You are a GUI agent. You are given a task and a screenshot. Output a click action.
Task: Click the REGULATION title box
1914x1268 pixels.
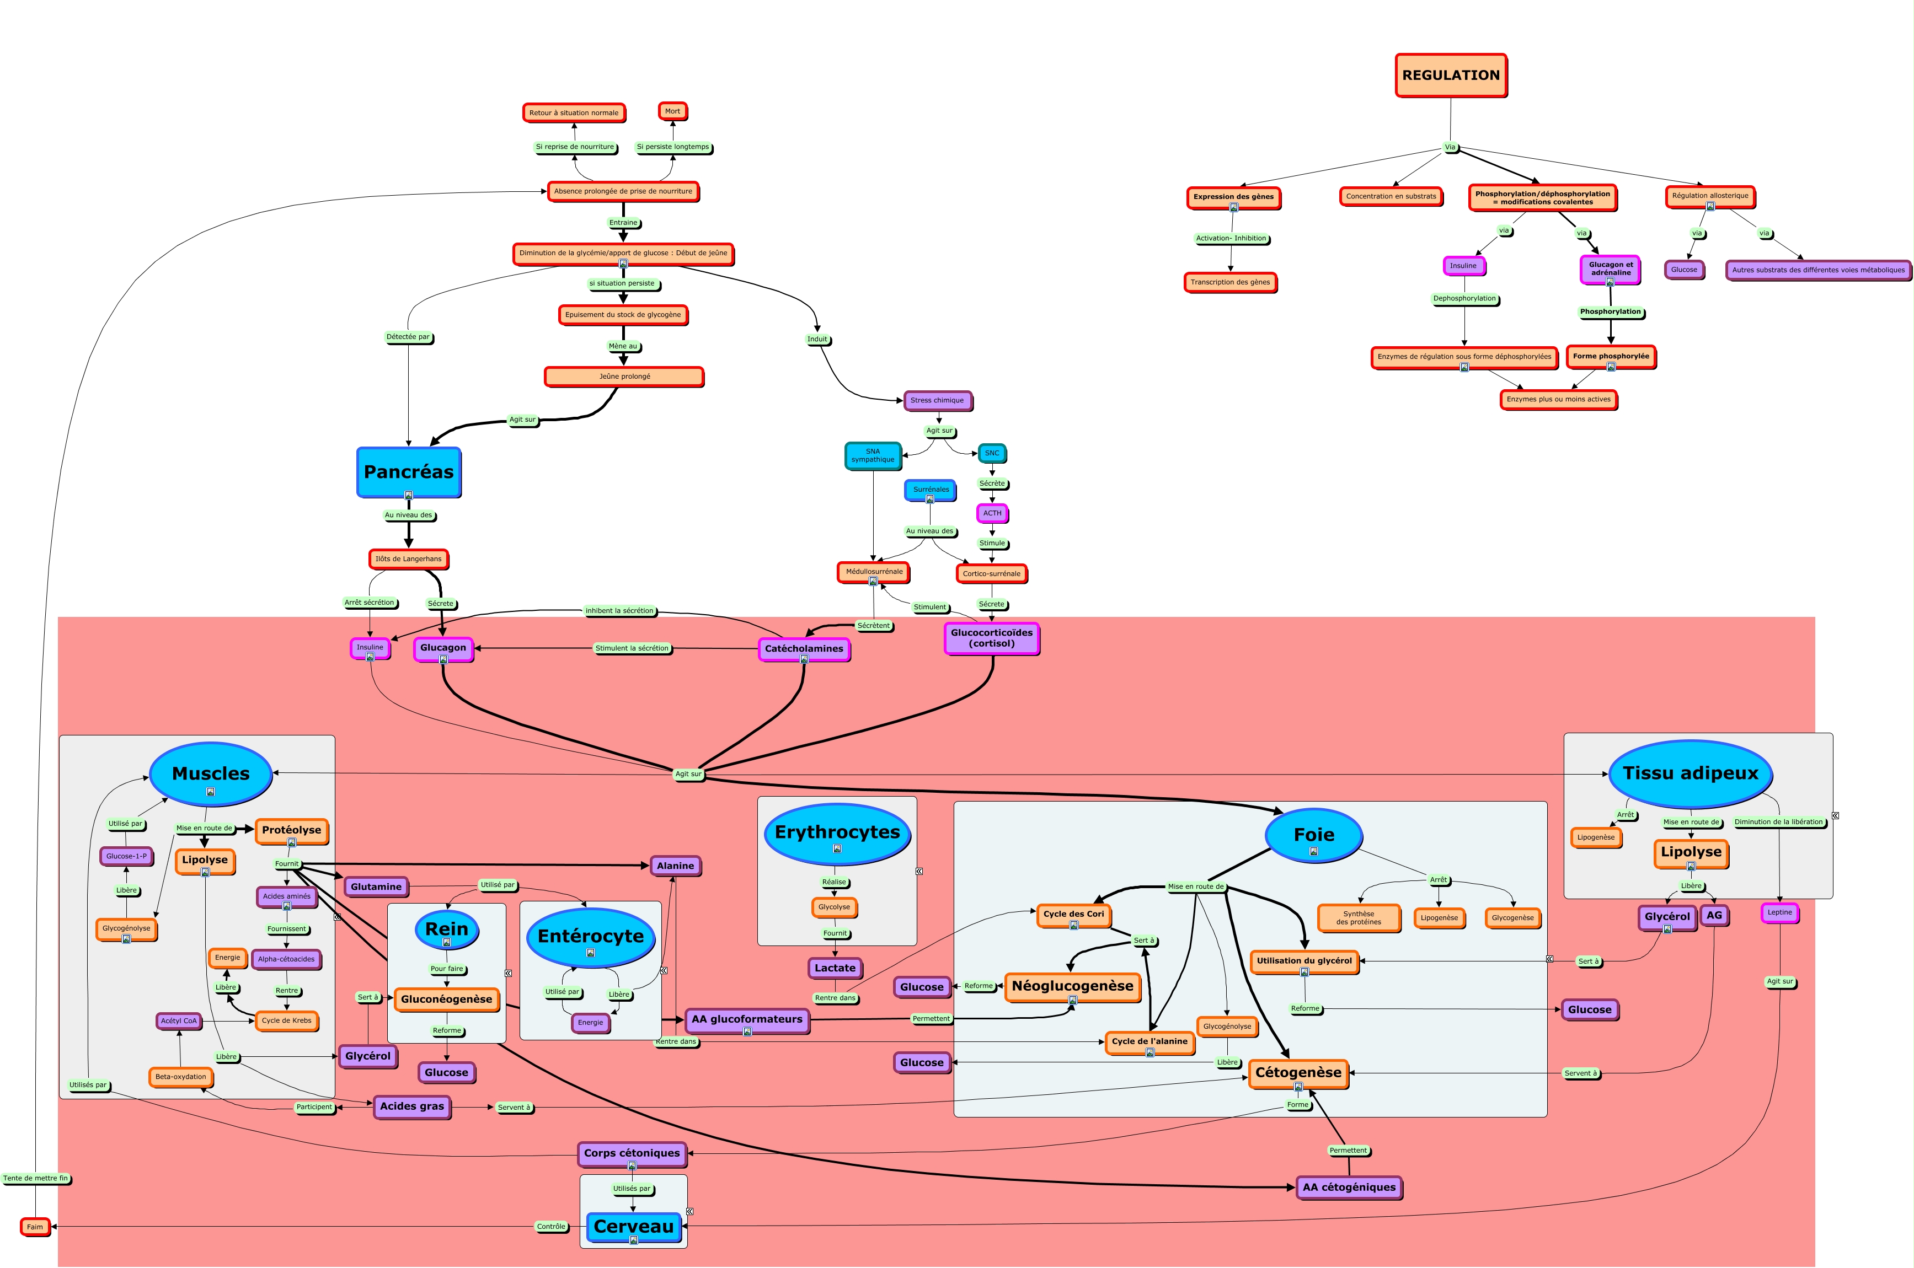coord(1451,75)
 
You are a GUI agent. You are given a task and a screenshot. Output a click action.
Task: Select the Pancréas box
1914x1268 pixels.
coord(409,472)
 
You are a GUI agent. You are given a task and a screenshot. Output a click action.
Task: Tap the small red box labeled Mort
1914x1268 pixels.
coord(672,111)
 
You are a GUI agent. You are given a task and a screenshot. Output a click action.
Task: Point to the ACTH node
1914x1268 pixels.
coord(992,513)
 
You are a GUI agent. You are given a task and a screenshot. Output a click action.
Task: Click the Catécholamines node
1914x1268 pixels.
coord(803,648)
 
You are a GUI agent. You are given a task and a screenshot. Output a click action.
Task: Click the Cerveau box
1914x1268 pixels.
coord(633,1227)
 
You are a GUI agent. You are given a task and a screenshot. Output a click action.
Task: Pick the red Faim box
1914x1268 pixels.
coord(35,1227)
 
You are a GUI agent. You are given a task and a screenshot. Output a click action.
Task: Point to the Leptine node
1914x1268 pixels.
coord(1779,912)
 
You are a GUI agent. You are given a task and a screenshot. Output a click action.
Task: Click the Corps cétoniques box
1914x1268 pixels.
coord(632,1153)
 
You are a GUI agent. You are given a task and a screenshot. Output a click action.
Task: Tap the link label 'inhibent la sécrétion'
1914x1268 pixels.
coord(619,610)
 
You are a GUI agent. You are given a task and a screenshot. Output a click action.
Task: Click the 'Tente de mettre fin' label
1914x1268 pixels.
coord(36,1178)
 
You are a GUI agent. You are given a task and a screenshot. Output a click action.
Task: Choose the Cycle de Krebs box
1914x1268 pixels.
coord(286,1020)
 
